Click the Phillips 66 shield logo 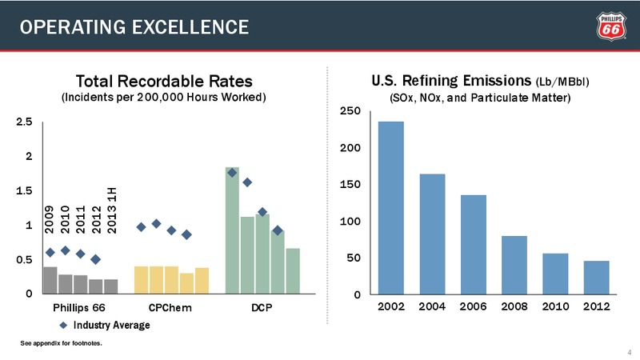tap(611, 26)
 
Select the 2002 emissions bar tap(391, 208)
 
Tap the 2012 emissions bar tap(596, 278)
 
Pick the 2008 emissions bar tap(514, 265)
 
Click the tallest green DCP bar tap(232, 230)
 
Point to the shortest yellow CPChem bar tap(186, 283)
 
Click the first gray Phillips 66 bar tap(50, 280)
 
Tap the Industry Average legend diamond tap(64, 326)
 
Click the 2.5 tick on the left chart tap(24, 122)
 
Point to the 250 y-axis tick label tap(350, 111)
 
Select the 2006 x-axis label tap(473, 306)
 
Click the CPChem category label tap(170, 308)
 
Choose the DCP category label tap(262, 308)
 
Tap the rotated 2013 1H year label tap(112, 210)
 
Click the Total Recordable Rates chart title tap(164, 82)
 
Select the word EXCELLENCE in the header tap(190, 27)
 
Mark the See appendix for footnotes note tap(62, 343)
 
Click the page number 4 tap(630, 352)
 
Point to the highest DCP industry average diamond tap(232, 173)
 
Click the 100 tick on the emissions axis tap(350, 222)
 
